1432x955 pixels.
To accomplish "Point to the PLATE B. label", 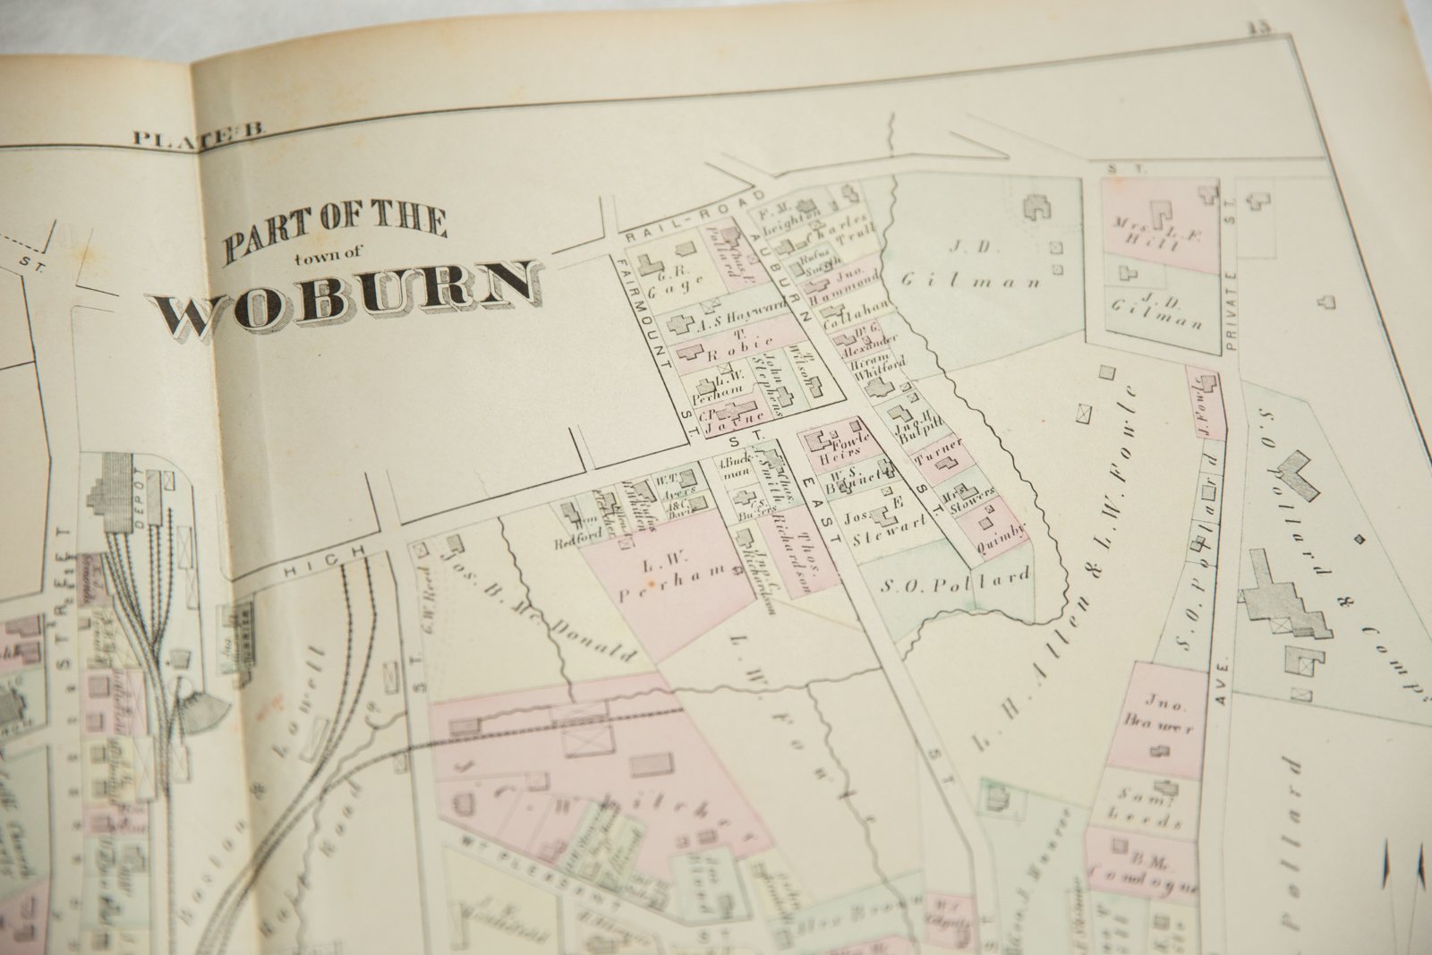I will (197, 137).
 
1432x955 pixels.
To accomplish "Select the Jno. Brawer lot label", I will (1163, 716).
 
